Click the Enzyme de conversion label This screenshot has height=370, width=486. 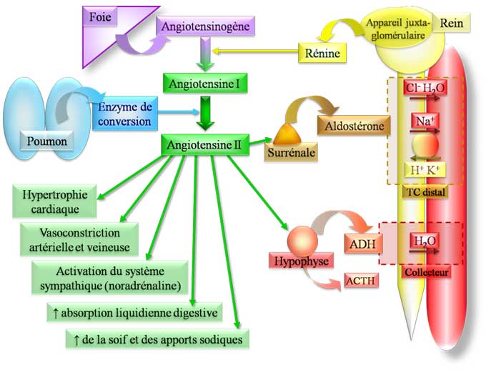point(127,114)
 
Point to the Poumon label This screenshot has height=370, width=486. point(47,141)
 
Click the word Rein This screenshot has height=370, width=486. point(452,24)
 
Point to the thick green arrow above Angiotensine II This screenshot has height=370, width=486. point(205,114)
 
